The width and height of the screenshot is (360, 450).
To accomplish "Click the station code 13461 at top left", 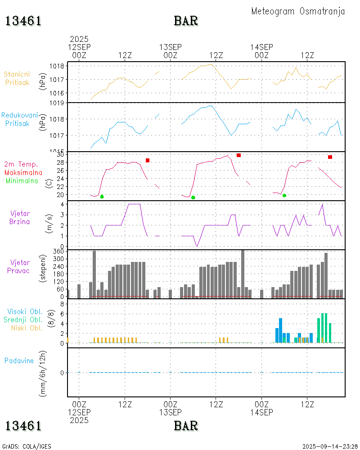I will [23, 21].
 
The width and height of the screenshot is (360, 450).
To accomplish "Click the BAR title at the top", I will [186, 21].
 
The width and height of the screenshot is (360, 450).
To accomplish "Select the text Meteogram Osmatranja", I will [298, 11].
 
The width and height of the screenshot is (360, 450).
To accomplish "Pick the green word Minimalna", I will [22, 180].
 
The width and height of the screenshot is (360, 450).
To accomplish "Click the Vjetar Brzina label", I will [20, 217].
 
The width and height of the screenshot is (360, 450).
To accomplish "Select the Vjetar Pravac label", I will [20, 266].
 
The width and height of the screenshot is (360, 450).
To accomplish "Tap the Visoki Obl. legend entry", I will [25, 311].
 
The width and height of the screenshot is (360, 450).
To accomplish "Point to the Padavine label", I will [19, 360].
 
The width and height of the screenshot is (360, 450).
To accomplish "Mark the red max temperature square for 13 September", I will [238, 155].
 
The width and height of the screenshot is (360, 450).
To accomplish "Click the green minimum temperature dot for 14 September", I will [284, 195].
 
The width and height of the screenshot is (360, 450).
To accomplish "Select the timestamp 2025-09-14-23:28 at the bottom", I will [330, 446].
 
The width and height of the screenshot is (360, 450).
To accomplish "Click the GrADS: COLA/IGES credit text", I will [27, 446].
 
